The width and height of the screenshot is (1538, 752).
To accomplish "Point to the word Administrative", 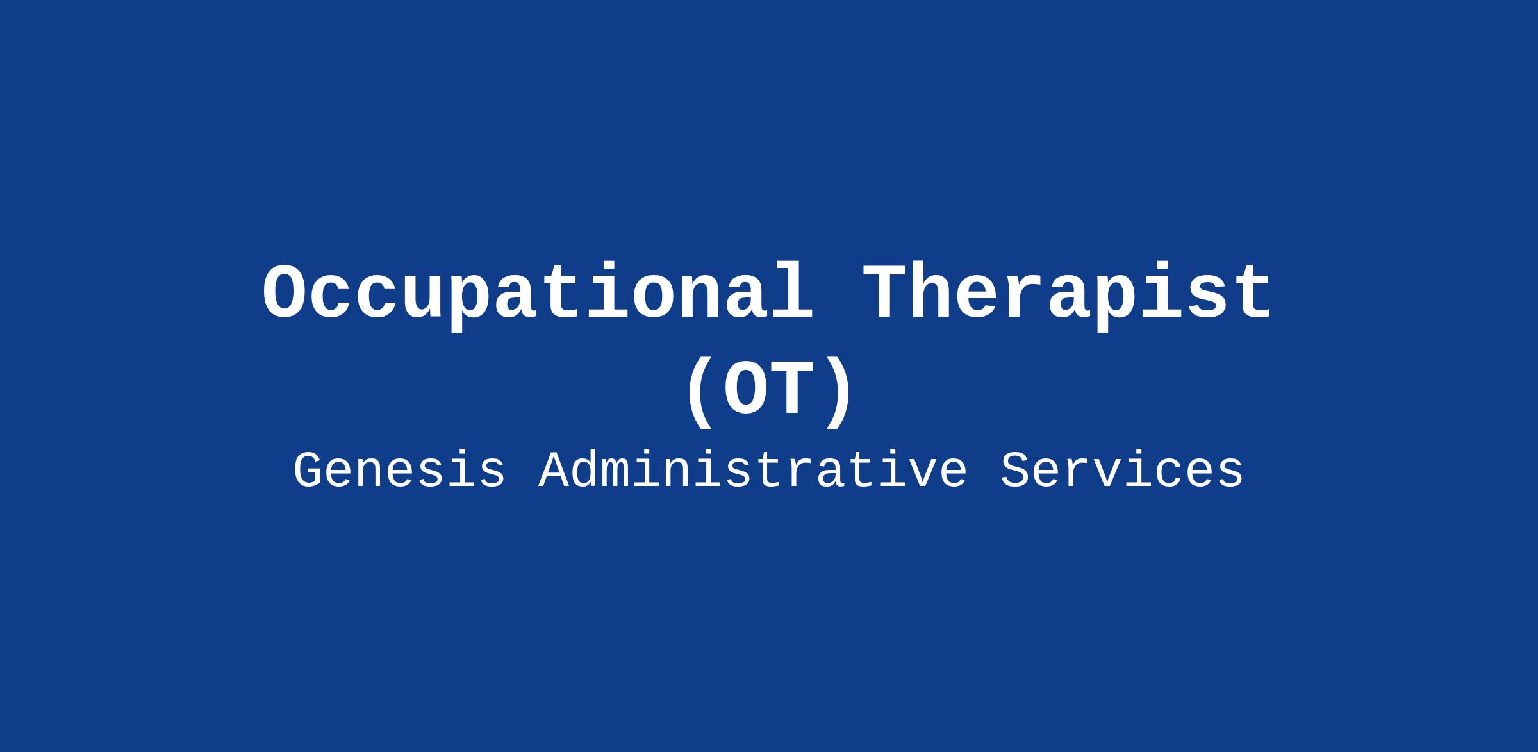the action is [753, 471].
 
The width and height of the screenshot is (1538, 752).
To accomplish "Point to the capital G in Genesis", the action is [308, 471].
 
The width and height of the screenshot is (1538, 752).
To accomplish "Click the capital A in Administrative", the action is [553, 471].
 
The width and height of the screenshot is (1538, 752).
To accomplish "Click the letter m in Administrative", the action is [615, 475].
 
